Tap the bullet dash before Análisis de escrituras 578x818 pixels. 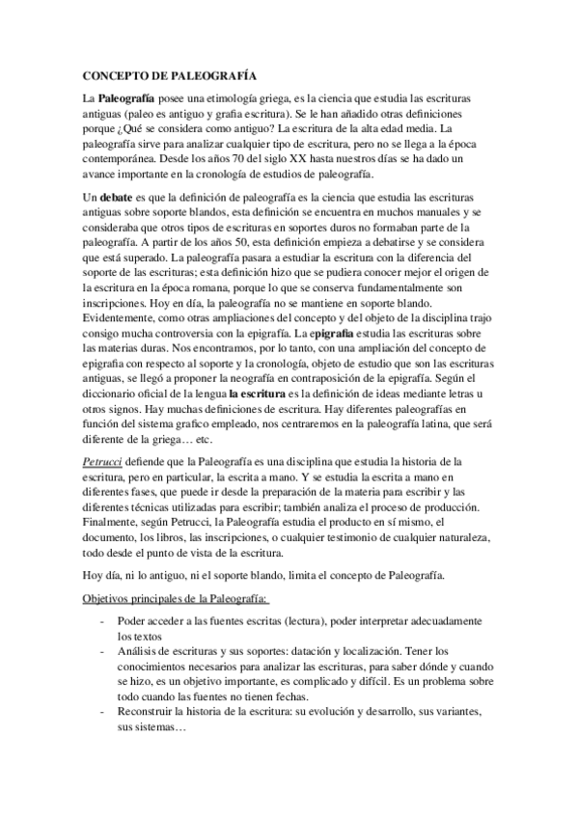(x=103, y=652)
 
